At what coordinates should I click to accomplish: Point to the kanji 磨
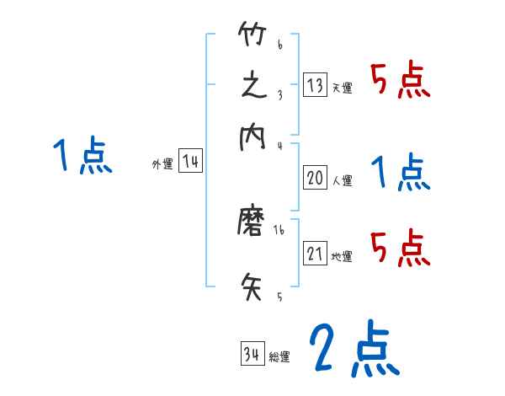[252, 224]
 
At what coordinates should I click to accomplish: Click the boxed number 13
[315, 85]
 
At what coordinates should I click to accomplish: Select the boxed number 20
[315, 178]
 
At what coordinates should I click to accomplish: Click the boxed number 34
[251, 355]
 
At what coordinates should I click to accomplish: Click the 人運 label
[341, 180]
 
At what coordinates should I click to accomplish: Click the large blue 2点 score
[353, 349]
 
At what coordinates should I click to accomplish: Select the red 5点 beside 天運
[401, 81]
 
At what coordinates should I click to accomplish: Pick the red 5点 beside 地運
[401, 248]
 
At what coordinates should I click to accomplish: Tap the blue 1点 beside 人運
[401, 174]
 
